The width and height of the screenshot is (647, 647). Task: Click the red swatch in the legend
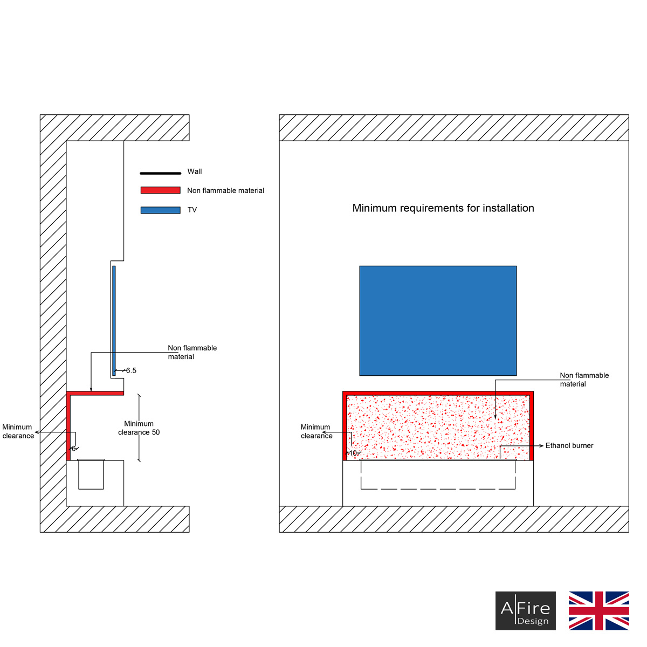click(160, 190)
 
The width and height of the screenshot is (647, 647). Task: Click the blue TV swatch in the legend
click(160, 210)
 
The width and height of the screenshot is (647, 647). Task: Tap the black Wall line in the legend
click(160, 173)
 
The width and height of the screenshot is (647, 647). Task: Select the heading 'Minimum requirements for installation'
click(443, 208)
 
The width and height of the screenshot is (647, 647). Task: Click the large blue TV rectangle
click(438, 320)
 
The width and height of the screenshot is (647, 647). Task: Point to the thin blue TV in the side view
click(114, 320)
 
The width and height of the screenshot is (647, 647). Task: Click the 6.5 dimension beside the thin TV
click(131, 370)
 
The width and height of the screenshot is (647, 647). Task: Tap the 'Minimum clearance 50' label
click(139, 428)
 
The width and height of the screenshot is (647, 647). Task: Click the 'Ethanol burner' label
click(569, 446)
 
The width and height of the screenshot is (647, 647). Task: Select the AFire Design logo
click(525, 611)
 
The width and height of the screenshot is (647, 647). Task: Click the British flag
click(598, 611)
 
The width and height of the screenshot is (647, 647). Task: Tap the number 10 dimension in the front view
click(353, 453)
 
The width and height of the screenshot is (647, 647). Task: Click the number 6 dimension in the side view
click(74, 449)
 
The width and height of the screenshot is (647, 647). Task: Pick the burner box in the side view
click(91, 474)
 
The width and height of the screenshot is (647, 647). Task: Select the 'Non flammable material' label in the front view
click(584, 380)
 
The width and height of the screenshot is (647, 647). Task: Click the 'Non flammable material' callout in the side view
click(192, 352)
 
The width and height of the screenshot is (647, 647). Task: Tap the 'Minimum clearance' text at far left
click(18, 431)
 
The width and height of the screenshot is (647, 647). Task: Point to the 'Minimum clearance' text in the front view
click(316, 431)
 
